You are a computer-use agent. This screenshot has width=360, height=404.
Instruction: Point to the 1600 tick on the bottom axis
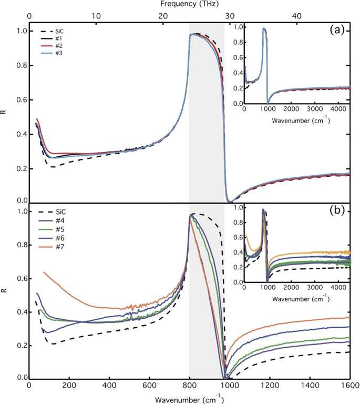tap(349, 386)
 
